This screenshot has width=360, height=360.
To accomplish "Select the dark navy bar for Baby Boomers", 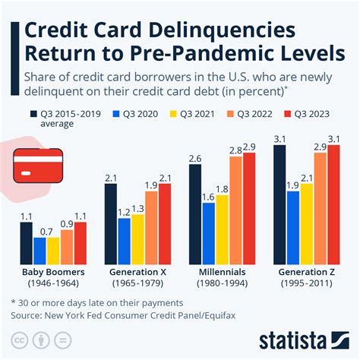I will pyautogui.click(x=27, y=241).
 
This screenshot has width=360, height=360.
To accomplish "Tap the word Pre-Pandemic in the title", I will pyautogui.click(x=200, y=57).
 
